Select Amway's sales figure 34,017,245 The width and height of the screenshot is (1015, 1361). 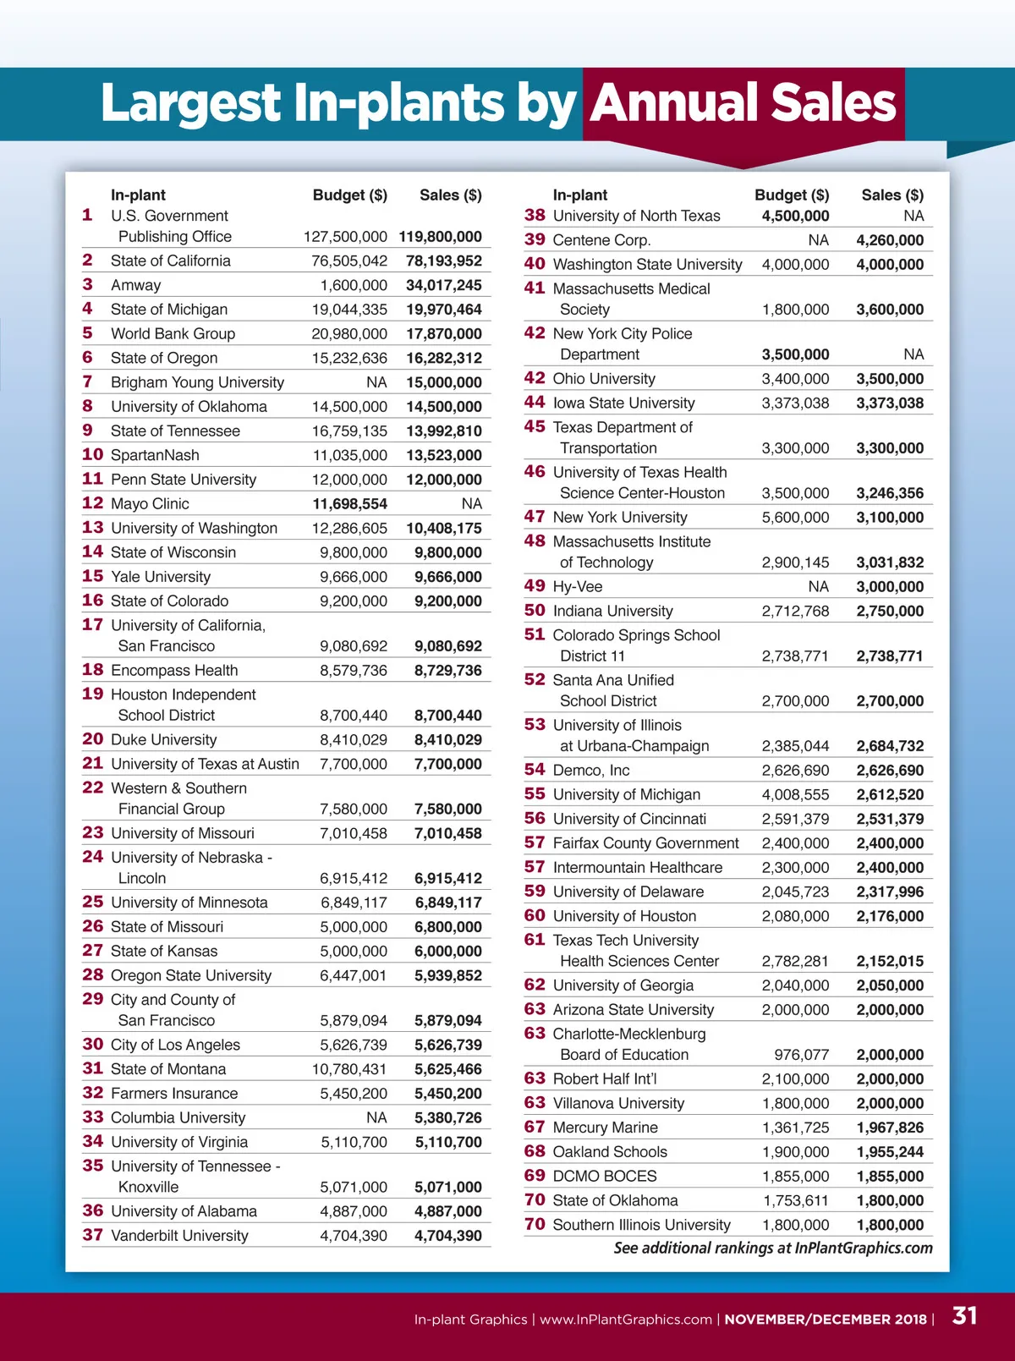point(444,285)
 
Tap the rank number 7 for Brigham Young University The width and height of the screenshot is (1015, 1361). point(87,381)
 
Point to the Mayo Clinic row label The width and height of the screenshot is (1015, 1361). point(150,503)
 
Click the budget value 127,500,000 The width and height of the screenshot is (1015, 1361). point(345,237)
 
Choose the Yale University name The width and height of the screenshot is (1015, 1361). point(160,577)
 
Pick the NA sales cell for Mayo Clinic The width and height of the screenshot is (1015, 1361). point(471,503)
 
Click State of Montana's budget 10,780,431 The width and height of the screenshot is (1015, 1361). point(349,1069)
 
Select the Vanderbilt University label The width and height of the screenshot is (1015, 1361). point(179,1236)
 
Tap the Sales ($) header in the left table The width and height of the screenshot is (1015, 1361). point(450,195)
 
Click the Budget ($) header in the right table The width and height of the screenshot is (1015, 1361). point(792,195)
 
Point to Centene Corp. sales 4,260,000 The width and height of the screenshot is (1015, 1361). point(890,240)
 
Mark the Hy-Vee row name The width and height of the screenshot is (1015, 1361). point(577,587)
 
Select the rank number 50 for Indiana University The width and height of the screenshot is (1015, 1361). point(535,611)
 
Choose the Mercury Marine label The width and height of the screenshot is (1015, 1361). point(605,1128)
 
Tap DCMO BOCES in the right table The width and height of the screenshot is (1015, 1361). point(604,1176)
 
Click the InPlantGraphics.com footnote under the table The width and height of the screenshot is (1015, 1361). point(773,1248)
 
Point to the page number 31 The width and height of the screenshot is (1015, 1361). point(964,1316)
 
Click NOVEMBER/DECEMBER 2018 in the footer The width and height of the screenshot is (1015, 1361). point(826,1320)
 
